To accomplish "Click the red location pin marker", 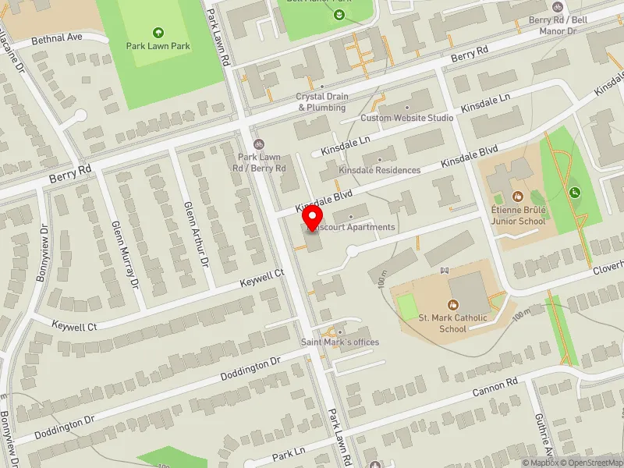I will [x=313, y=218].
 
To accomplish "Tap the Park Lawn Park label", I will [x=158, y=46].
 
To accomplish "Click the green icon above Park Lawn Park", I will [x=158, y=32].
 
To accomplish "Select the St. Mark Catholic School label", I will [x=453, y=323].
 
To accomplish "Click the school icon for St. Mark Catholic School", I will [x=453, y=304].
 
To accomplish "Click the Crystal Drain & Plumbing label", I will [x=321, y=102].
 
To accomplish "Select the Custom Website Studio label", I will [x=406, y=118].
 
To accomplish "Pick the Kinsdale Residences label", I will [x=380, y=170].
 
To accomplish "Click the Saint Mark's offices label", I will [x=340, y=342].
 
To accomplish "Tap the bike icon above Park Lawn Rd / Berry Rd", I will [x=258, y=144].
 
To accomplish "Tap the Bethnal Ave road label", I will [x=57, y=37].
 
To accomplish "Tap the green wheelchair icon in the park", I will [x=575, y=192].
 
